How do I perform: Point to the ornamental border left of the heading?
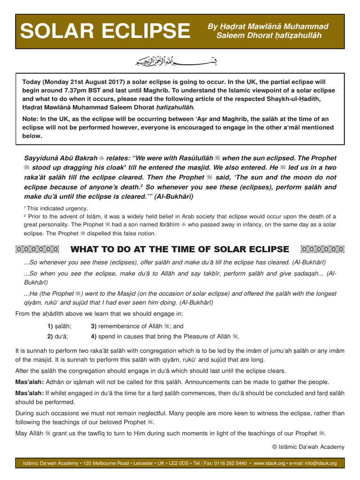pyautogui.click(x=37, y=249)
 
